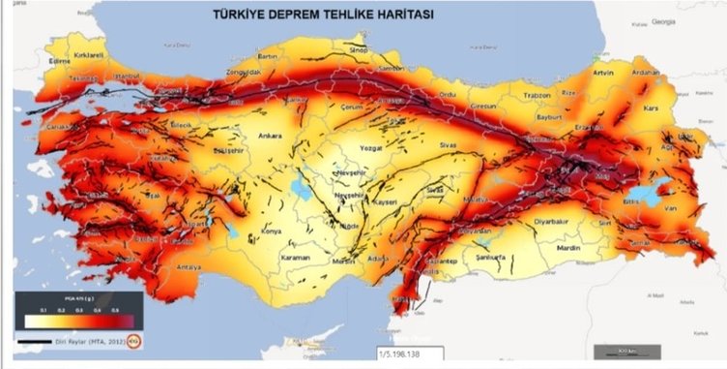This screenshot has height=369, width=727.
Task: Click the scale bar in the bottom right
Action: [610, 350]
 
